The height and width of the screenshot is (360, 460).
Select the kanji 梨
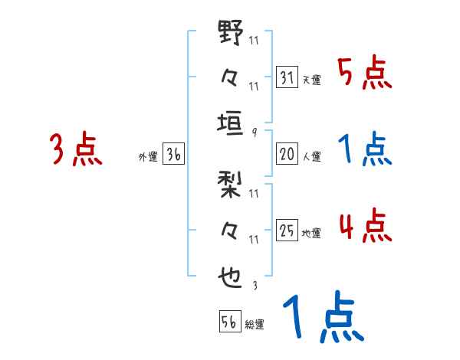231,186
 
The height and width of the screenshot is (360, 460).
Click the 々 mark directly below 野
231,78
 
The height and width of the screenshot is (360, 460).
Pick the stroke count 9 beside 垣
254,133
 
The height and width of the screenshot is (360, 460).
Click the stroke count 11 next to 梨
254,193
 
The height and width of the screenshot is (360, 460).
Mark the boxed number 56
228,322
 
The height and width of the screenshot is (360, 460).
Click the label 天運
311,80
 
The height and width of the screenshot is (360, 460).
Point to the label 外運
147,157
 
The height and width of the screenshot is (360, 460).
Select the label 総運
255,325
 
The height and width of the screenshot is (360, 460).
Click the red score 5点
364,74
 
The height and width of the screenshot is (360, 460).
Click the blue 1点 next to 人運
364,150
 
